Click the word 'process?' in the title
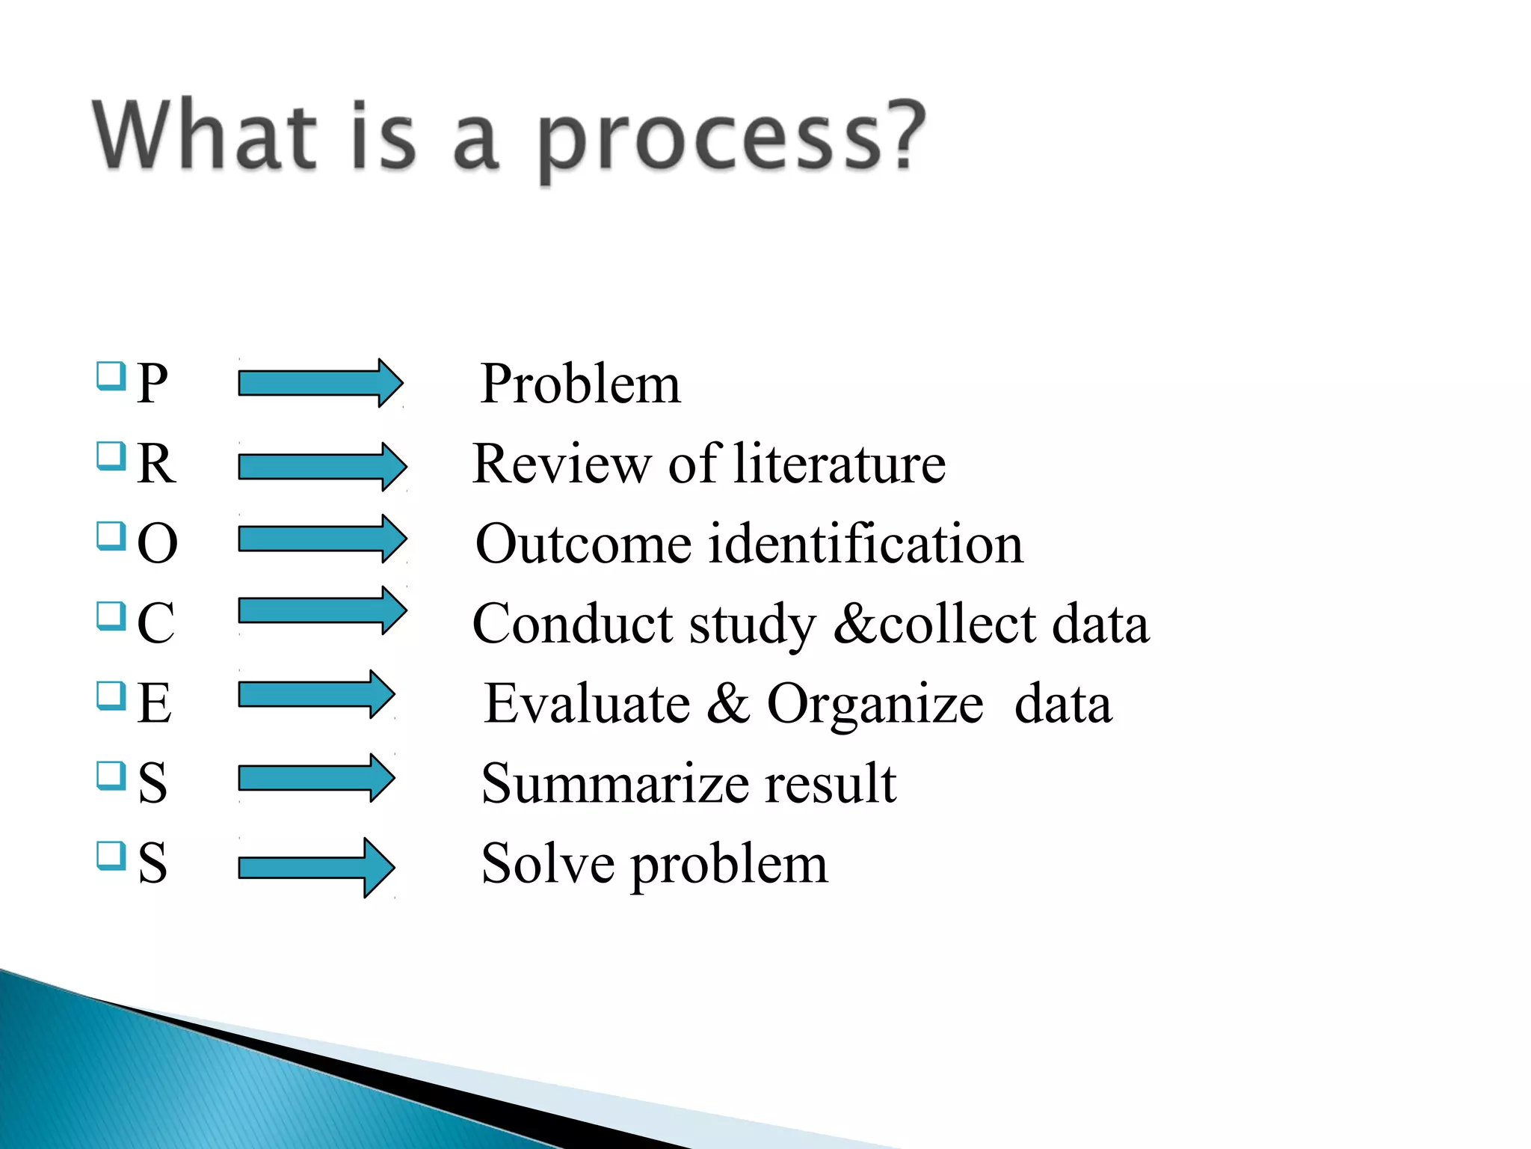point(731,138)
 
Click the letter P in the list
point(152,384)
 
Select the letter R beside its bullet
point(156,464)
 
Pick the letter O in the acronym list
point(158,544)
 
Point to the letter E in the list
point(154,703)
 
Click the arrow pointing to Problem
point(320,383)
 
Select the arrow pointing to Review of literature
point(322,466)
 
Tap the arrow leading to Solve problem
point(316,867)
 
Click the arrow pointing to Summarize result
point(316,778)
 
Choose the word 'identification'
point(865,544)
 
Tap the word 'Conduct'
point(572,624)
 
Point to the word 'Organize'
point(875,705)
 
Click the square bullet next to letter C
point(111,616)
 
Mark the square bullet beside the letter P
point(111,376)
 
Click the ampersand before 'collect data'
point(854,622)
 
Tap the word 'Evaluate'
point(587,703)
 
